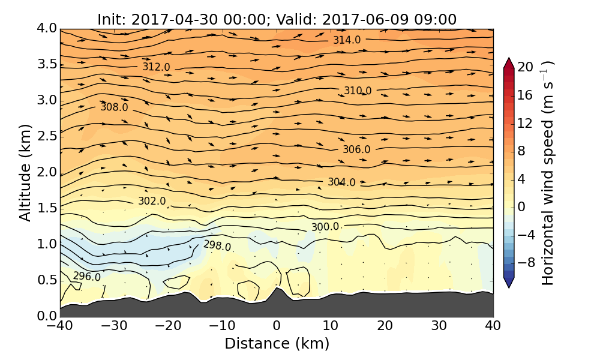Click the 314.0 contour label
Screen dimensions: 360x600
point(347,40)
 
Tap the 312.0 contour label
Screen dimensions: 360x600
point(156,67)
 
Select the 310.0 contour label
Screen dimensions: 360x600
point(358,91)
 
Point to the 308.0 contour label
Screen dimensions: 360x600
point(114,107)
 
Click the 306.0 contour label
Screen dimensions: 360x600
point(356,149)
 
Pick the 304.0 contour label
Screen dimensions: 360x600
point(341,182)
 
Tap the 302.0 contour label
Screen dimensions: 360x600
point(152,201)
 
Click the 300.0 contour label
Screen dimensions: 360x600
point(325,227)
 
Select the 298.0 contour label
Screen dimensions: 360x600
point(217,245)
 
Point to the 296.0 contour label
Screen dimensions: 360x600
point(87,276)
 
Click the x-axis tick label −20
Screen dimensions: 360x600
point(168,326)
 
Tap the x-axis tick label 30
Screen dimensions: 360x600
point(439,326)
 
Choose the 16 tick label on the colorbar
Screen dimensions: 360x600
point(526,95)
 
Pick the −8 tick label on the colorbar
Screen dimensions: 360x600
point(526,262)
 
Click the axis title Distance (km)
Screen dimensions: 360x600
point(277,344)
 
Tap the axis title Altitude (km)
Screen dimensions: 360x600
point(25,172)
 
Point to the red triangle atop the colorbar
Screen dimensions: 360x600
point(509,62)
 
